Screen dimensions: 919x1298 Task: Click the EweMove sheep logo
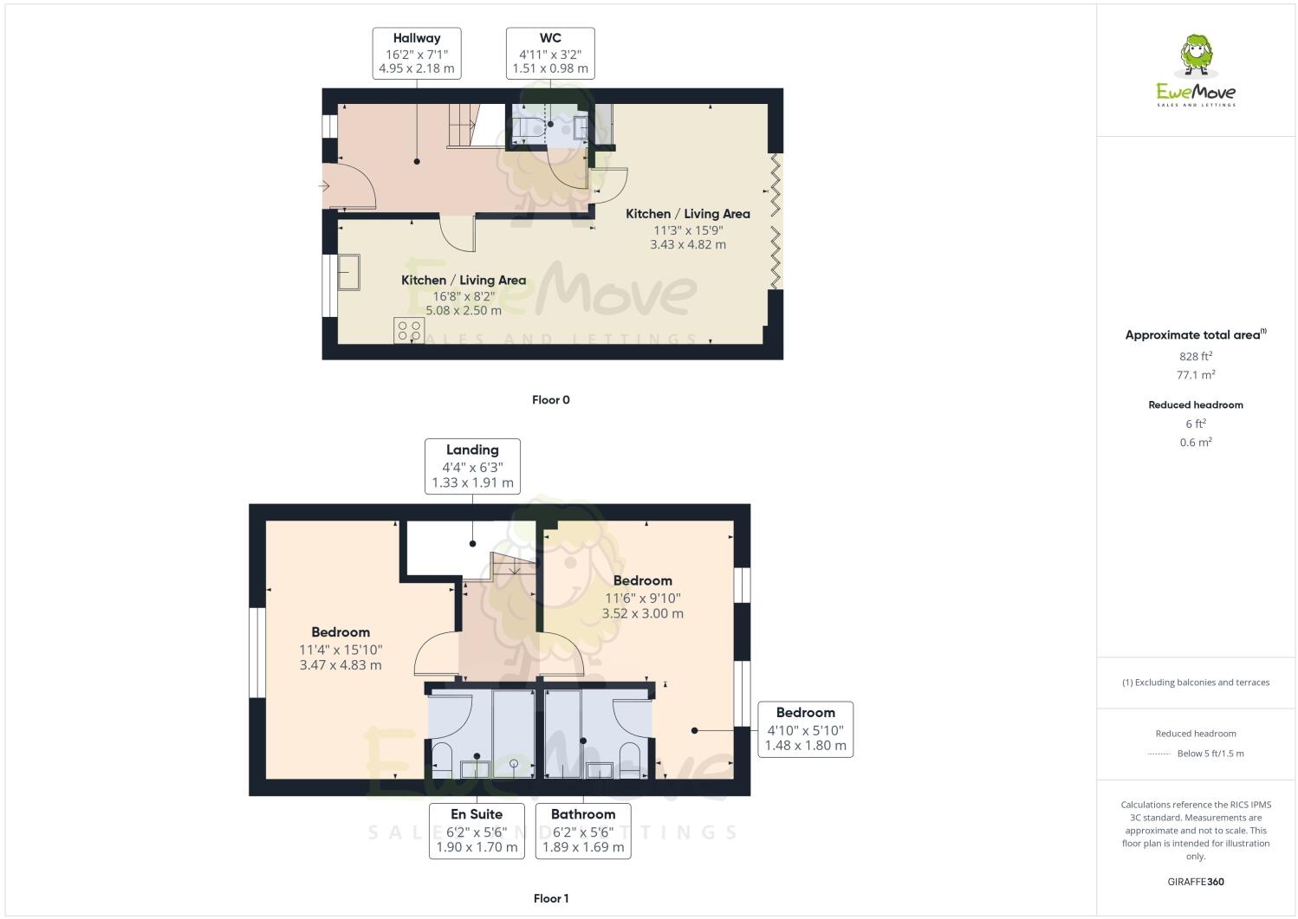click(1197, 69)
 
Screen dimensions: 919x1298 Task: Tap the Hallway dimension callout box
click(417, 54)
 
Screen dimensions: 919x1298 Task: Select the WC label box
click(550, 54)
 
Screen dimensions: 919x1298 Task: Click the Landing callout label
click(472, 466)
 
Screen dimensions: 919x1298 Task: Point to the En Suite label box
click(477, 831)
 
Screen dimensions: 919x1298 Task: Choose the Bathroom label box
click(583, 831)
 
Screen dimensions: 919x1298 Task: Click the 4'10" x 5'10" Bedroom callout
click(805, 729)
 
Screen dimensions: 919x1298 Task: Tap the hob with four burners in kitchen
click(409, 330)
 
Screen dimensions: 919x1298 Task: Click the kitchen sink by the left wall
click(349, 272)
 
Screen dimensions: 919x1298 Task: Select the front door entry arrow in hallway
click(326, 186)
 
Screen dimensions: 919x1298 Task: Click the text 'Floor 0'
click(551, 400)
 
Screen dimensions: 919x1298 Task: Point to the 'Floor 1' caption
click(551, 898)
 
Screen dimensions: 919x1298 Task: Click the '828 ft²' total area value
click(1195, 356)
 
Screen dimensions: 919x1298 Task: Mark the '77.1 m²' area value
click(1195, 375)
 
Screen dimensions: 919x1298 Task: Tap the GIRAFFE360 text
click(1196, 882)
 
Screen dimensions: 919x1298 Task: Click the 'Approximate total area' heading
click(1195, 335)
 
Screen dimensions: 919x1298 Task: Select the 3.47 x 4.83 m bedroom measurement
click(341, 665)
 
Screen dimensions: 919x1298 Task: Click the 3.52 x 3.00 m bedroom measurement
click(643, 613)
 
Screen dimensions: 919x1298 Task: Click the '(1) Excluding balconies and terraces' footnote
click(1196, 683)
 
